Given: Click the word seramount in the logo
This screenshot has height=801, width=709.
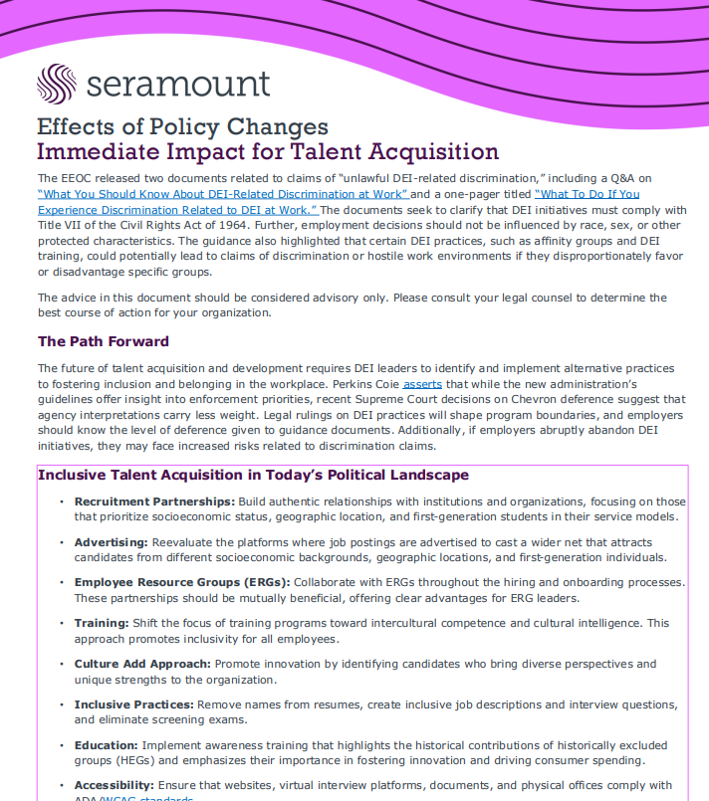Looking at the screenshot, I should (x=178, y=86).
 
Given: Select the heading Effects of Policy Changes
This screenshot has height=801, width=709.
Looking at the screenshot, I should (x=182, y=127).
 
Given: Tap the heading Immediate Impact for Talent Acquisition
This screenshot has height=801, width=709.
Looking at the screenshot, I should (x=267, y=152).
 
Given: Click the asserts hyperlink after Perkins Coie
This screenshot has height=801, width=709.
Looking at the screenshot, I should (x=422, y=384).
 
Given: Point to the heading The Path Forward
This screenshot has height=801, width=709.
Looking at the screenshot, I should (x=104, y=341).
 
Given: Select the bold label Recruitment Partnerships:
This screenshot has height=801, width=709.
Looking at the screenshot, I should (x=154, y=501).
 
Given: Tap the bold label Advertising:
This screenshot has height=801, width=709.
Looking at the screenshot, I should (x=111, y=542).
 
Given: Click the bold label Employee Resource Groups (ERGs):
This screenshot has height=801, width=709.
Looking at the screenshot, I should (x=181, y=582).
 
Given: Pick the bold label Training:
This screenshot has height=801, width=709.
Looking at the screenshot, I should (x=103, y=623).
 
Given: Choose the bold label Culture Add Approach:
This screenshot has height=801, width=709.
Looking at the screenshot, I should (x=141, y=664).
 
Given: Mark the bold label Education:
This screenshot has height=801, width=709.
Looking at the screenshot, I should (x=106, y=745).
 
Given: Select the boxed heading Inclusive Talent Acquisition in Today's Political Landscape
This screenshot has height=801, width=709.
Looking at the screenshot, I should (x=253, y=475).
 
